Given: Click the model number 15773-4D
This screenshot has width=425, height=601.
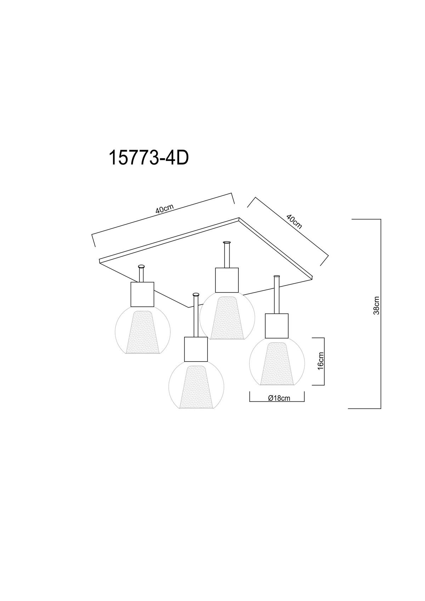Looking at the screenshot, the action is [x=148, y=158].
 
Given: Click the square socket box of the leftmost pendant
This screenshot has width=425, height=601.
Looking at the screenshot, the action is [x=142, y=294].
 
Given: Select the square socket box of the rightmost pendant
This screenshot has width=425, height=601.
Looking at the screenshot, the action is [x=277, y=326].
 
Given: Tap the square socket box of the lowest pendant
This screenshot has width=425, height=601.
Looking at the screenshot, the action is [x=196, y=349].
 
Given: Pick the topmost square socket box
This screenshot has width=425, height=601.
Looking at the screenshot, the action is [x=227, y=280].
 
